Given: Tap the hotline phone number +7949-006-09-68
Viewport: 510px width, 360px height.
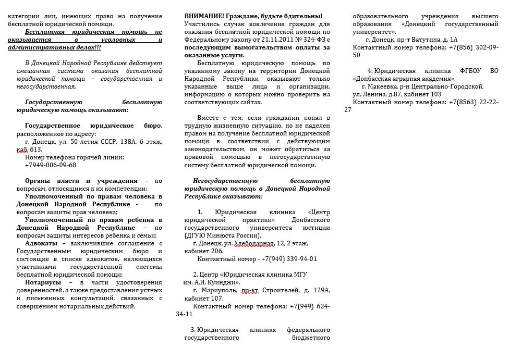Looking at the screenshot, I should tap(51, 165).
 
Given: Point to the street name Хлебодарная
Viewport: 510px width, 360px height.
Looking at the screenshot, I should tap(253, 243).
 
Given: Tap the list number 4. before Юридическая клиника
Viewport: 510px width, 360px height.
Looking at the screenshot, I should tap(370, 71).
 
